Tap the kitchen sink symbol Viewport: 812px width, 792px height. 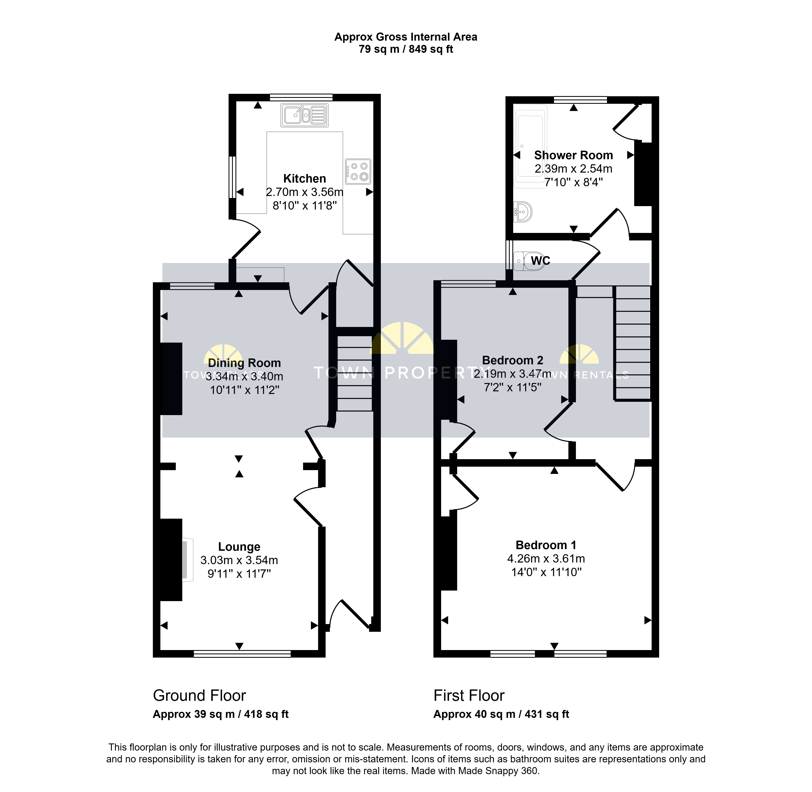pyautogui.click(x=304, y=115)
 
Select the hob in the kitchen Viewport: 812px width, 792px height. pyautogui.click(x=357, y=171)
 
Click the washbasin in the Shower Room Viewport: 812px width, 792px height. pyautogui.click(x=523, y=212)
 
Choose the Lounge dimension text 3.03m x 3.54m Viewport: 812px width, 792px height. pyautogui.click(x=239, y=560)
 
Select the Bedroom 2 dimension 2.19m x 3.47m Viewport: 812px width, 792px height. pyautogui.click(x=513, y=374)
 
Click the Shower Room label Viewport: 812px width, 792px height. pyautogui.click(x=573, y=155)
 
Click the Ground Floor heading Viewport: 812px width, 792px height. pyautogui.click(x=200, y=696)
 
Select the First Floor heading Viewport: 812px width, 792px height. pyautogui.click(x=469, y=696)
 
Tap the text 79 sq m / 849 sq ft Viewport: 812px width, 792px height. pyautogui.click(x=406, y=49)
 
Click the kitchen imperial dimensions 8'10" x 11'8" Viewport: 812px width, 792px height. pyautogui.click(x=305, y=206)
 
